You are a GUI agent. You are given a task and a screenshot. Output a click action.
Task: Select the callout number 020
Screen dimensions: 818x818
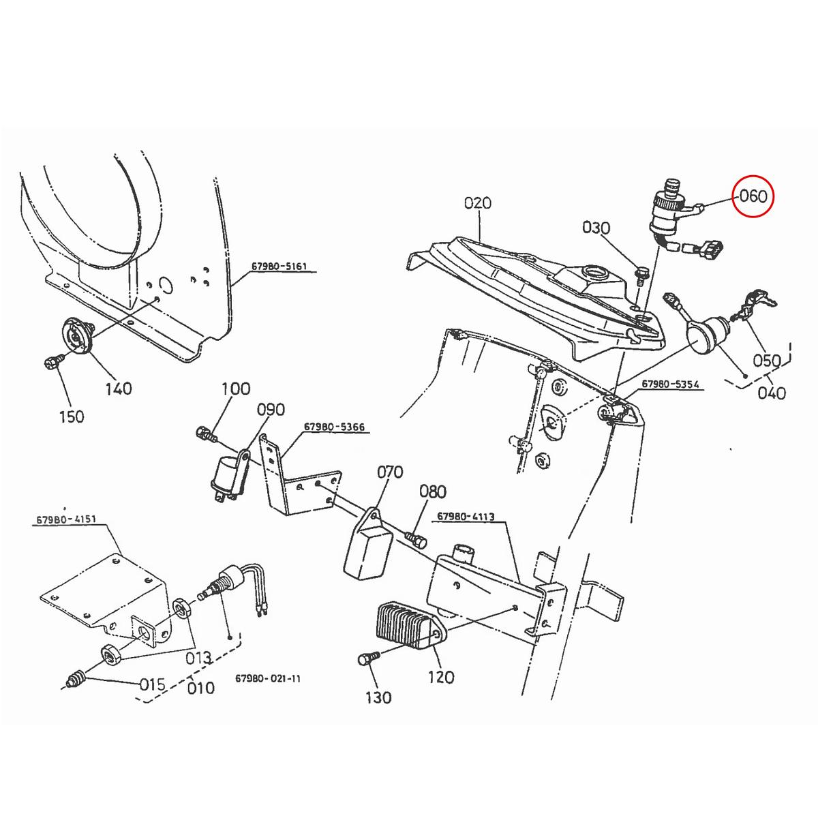pos(477,203)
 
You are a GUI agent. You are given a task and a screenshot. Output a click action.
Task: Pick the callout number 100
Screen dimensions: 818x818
pos(236,389)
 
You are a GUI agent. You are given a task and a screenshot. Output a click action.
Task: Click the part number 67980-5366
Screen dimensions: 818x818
pos(334,427)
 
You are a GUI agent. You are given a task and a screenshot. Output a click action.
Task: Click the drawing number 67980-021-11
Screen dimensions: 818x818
pos(267,678)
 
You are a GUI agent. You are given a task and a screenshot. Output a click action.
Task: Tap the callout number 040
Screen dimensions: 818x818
pos(772,393)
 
